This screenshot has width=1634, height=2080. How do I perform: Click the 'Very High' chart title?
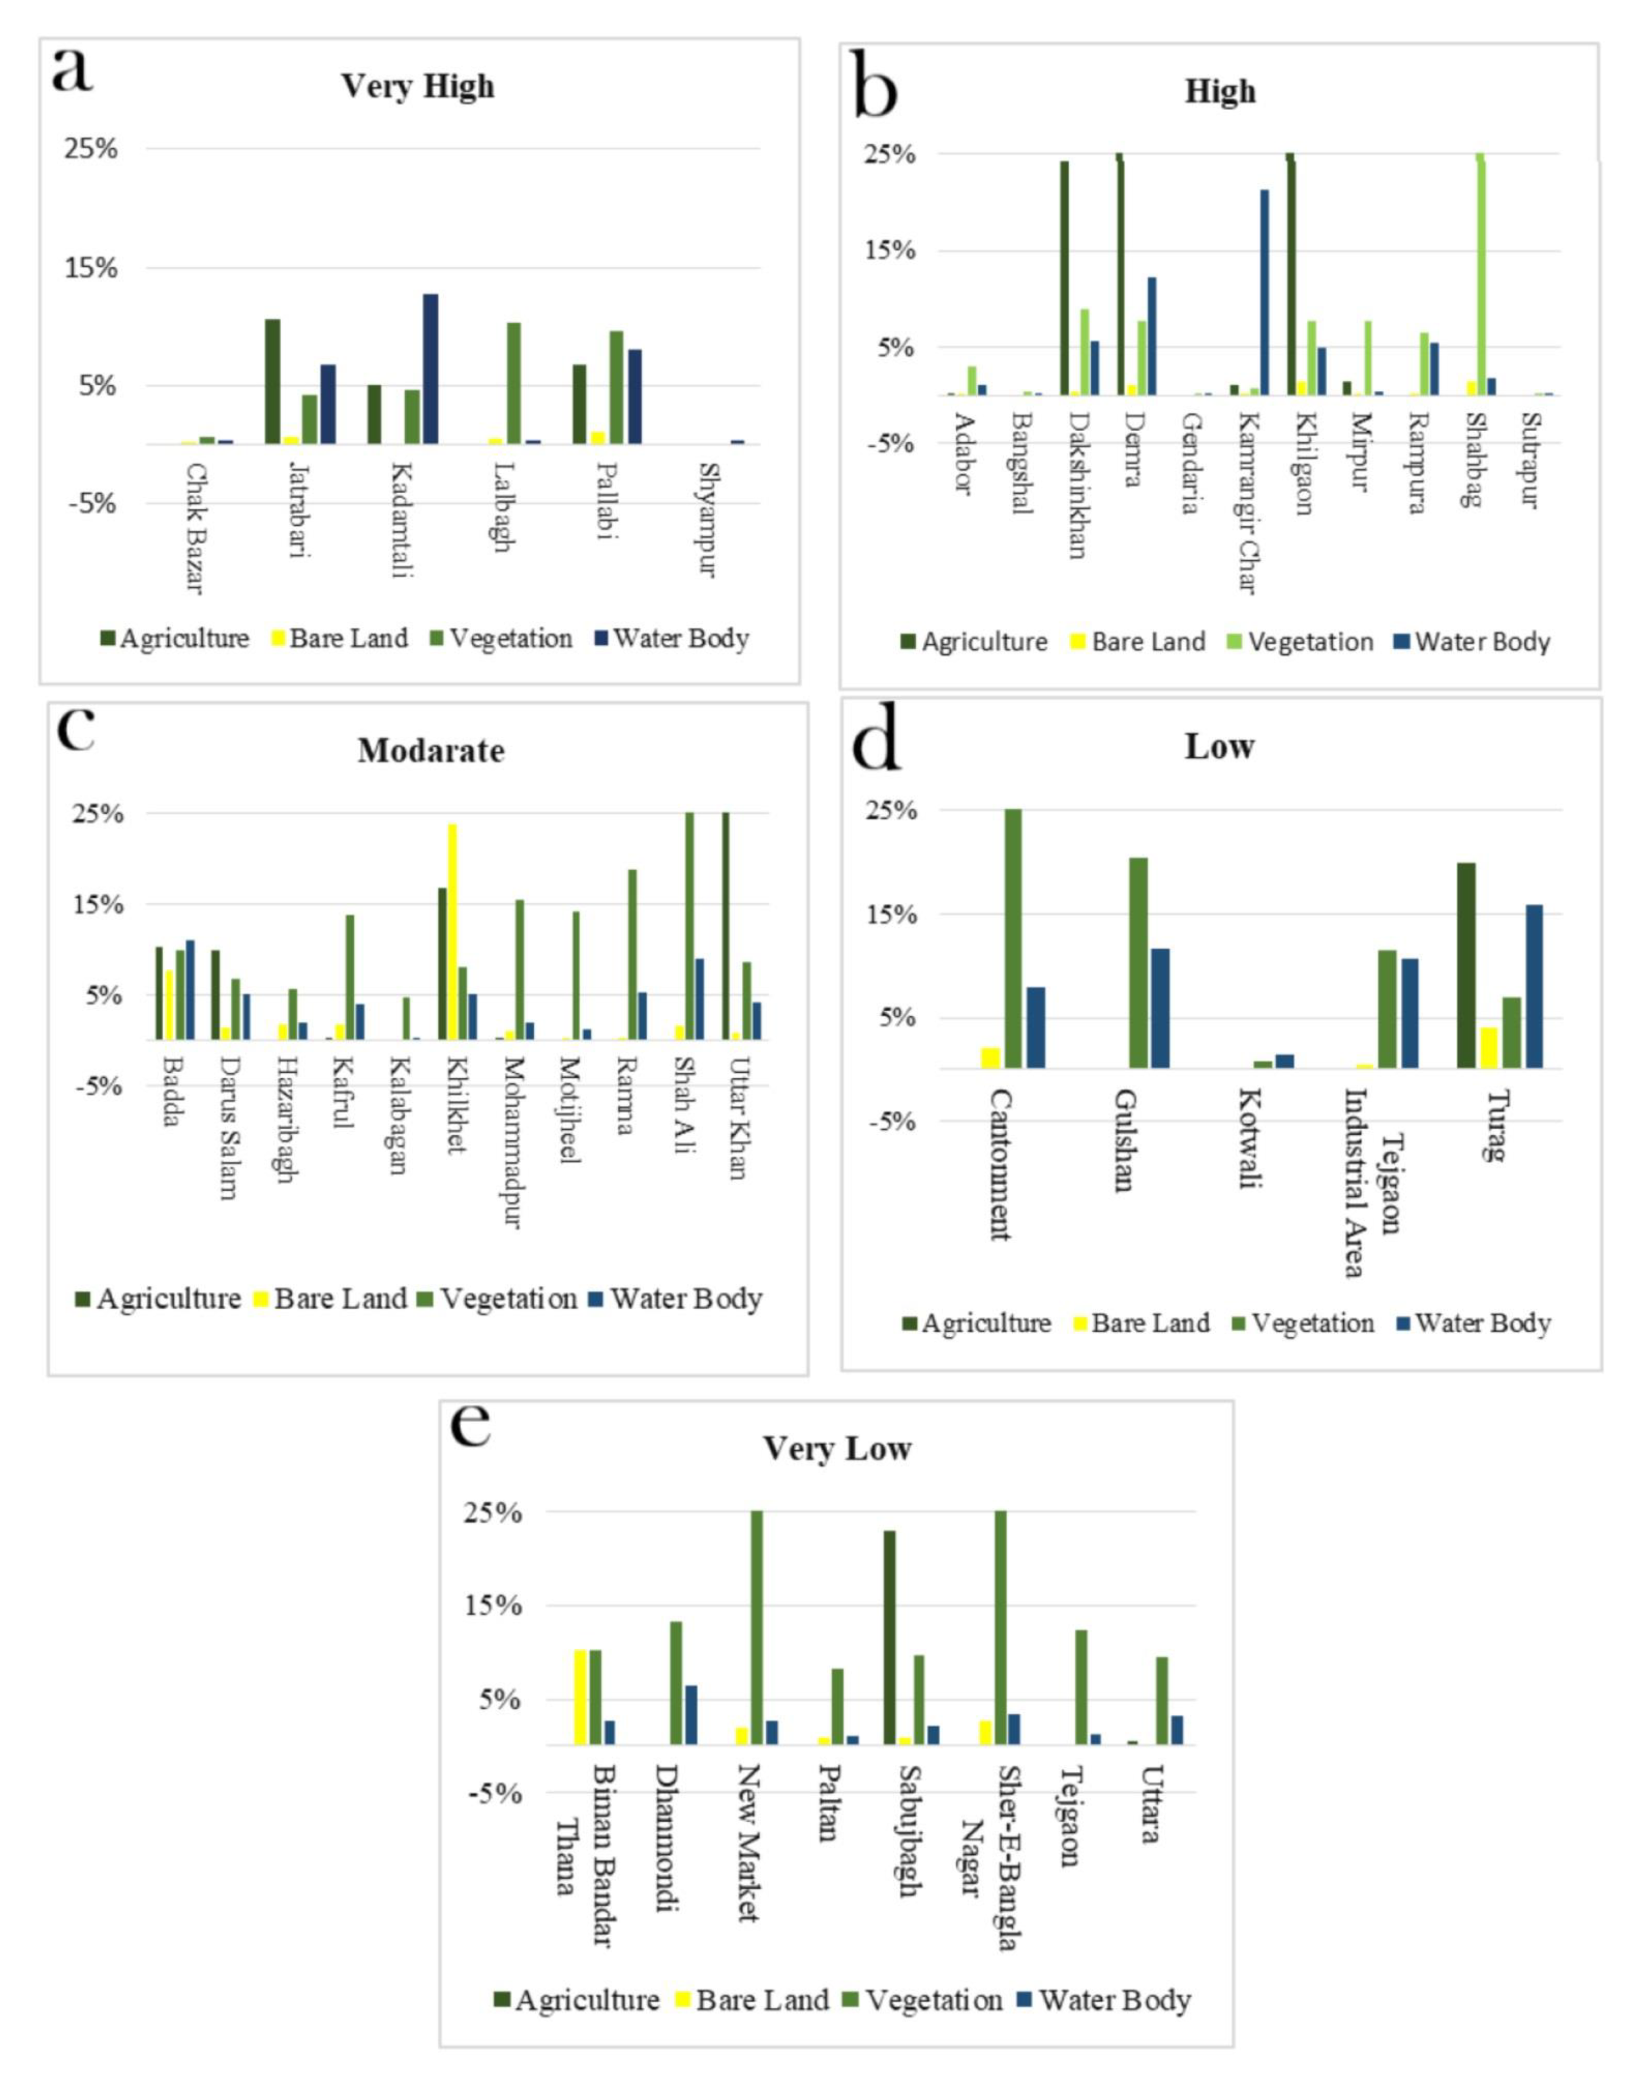point(418,86)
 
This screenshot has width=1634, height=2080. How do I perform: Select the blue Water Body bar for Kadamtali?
point(431,368)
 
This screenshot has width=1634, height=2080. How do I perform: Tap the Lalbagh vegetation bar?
point(514,383)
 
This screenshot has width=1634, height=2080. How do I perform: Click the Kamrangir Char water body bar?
point(1265,292)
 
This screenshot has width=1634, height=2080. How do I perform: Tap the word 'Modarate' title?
point(431,751)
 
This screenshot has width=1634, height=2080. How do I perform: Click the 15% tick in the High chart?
point(890,252)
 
